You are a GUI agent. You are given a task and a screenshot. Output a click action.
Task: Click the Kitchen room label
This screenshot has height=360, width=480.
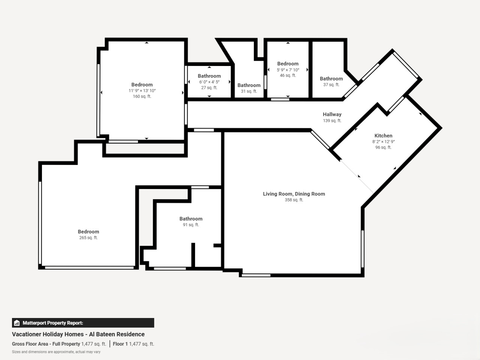pyautogui.click(x=383, y=135)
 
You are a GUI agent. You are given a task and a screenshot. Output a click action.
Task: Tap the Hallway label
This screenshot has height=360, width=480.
pyautogui.click(x=332, y=114)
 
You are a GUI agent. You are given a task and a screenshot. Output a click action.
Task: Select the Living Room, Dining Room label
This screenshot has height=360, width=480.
pyautogui.click(x=294, y=194)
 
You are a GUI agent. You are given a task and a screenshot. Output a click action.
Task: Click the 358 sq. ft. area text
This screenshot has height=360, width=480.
pyautogui.click(x=294, y=200)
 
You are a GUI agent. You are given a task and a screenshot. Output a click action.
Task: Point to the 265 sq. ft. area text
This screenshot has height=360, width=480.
pyautogui.click(x=88, y=238)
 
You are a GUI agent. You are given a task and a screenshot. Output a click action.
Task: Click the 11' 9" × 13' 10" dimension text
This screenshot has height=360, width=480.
pyautogui.click(x=142, y=90)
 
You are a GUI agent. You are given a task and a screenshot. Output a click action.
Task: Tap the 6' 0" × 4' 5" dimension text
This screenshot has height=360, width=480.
pyautogui.click(x=209, y=82)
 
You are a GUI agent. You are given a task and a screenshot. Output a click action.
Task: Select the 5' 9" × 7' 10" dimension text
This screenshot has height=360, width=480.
pyautogui.click(x=288, y=70)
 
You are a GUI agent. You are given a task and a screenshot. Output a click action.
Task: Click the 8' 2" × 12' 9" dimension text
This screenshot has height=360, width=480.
pyautogui.click(x=383, y=142)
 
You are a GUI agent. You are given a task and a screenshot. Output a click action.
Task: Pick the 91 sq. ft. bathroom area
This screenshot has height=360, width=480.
pyautogui.click(x=191, y=225)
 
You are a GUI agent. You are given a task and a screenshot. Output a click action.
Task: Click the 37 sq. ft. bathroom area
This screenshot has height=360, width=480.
pyautogui.click(x=331, y=85)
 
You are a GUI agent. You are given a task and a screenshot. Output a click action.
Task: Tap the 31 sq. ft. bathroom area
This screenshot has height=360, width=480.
pyautogui.click(x=249, y=91)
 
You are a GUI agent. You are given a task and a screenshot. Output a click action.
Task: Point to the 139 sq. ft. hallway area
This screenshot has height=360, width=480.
pyautogui.click(x=332, y=120)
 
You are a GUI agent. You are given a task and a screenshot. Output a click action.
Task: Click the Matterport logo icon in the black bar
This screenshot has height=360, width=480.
pyautogui.click(x=16, y=323)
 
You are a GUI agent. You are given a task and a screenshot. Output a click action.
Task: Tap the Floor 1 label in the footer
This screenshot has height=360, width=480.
pyautogui.click(x=120, y=344)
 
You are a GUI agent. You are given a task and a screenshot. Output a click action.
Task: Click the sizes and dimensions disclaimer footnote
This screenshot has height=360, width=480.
pyautogui.click(x=56, y=352)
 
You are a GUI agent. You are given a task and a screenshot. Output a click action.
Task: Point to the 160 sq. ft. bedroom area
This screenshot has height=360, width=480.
pyautogui.click(x=142, y=96)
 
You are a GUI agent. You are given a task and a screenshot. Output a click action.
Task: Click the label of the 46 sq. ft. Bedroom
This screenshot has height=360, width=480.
pyautogui.click(x=288, y=64)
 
